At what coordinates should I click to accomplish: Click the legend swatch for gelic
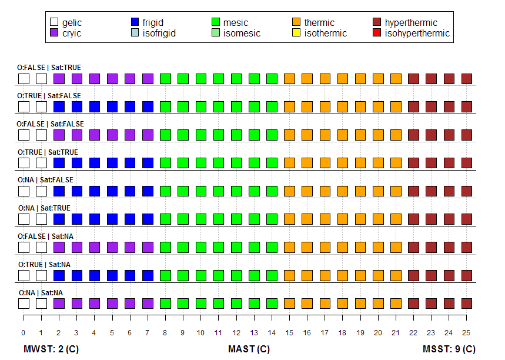[55, 22]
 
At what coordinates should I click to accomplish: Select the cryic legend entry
[55, 33]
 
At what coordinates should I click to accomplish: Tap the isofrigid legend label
[159, 33]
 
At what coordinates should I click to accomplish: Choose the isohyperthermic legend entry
[417, 33]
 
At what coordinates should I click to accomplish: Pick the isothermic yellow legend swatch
[296, 33]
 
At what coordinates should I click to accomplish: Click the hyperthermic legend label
[411, 22]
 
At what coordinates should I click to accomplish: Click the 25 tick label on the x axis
[467, 332]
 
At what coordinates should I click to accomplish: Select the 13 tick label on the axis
[254, 332]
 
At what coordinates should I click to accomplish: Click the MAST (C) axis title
[249, 349]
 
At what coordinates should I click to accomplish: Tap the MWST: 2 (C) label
[51, 349]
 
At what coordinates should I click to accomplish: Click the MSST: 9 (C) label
[449, 349]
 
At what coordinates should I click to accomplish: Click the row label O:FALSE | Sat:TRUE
[49, 68]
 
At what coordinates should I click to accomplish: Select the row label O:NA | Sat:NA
[41, 292]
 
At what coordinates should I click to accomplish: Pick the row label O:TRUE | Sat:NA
[44, 264]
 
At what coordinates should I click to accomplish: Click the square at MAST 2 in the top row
[59, 78]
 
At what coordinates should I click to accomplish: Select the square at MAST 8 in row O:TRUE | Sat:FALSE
[165, 106]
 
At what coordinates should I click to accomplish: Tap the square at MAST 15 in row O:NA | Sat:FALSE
[289, 191]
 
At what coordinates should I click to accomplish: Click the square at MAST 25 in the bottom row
[467, 303]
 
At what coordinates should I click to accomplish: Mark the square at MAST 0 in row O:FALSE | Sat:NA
[24, 247]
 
